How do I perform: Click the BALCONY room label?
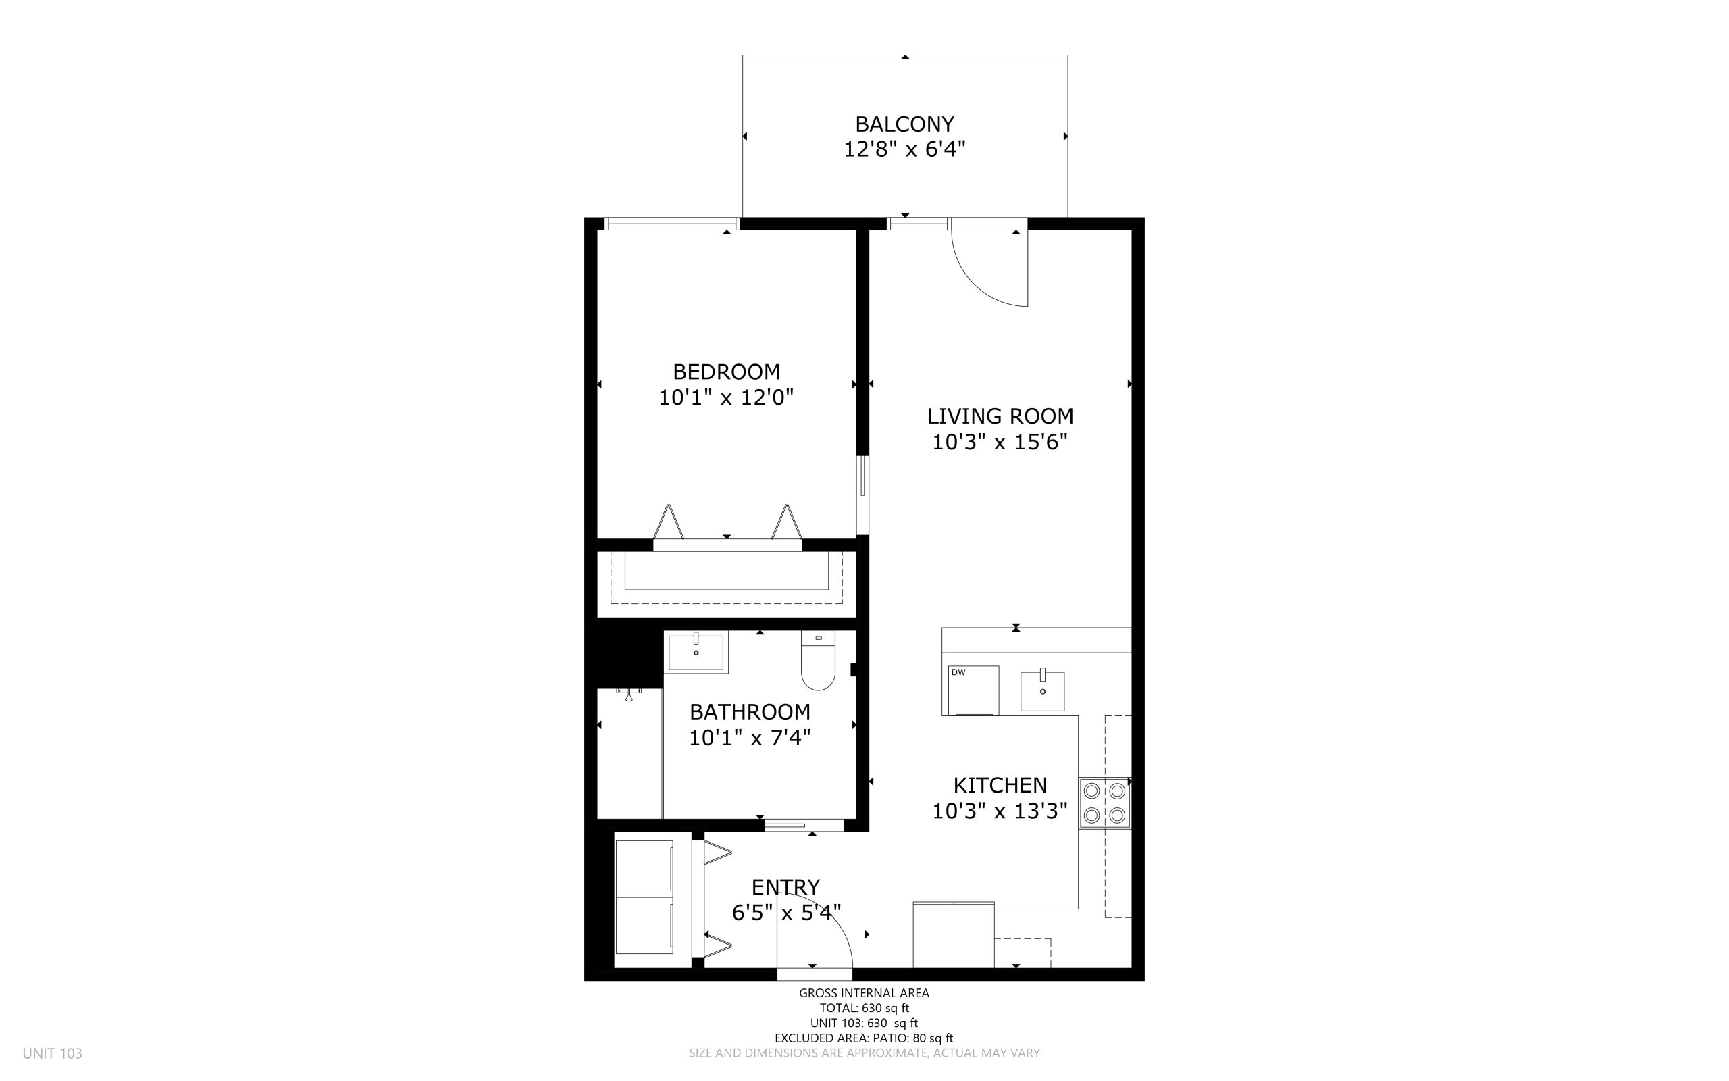click(x=904, y=124)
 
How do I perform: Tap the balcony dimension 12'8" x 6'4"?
click(x=904, y=149)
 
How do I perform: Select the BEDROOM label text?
click(x=726, y=372)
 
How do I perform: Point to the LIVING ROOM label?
click(x=1000, y=416)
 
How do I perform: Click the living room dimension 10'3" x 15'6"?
click(x=1000, y=443)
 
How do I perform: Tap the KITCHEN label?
click(x=1000, y=785)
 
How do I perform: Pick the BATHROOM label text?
click(x=750, y=711)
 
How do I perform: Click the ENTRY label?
click(x=785, y=887)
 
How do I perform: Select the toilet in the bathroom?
click(x=818, y=660)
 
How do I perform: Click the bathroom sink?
click(x=696, y=652)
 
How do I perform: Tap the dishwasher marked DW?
click(x=973, y=690)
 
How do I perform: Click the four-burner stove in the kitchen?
click(x=1104, y=803)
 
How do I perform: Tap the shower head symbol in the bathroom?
click(x=629, y=693)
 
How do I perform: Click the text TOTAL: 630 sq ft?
click(x=864, y=1009)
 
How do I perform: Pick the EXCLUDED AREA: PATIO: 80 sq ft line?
click(x=864, y=1038)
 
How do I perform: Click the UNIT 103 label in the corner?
click(x=52, y=1054)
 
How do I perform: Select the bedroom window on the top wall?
click(x=672, y=224)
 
